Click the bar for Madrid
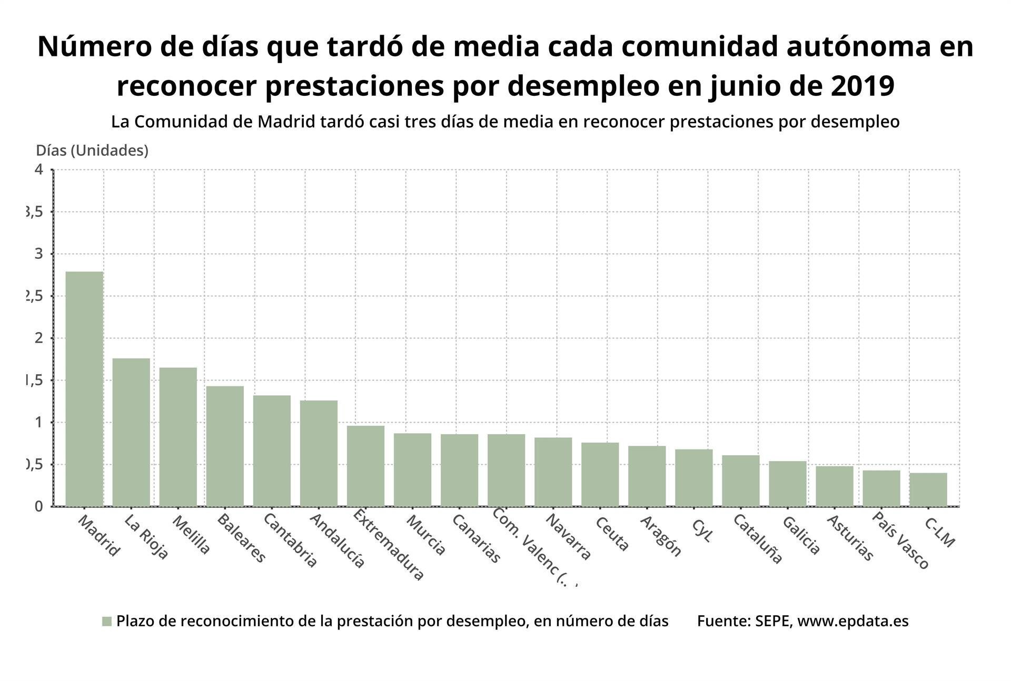pyautogui.click(x=84, y=389)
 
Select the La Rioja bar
pyautogui.click(x=131, y=432)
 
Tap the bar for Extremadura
pyautogui.click(x=365, y=466)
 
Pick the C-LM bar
pyautogui.click(x=928, y=489)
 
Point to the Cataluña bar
pyautogui.click(x=740, y=480)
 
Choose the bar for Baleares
pyautogui.click(x=225, y=446)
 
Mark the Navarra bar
pyautogui.click(x=553, y=472)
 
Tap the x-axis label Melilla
pyautogui.click(x=192, y=535)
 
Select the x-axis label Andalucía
pyautogui.click(x=337, y=540)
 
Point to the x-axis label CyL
pyautogui.click(x=702, y=530)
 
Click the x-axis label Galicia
pyautogui.click(x=801, y=535)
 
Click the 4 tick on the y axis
pyautogui.click(x=38, y=169)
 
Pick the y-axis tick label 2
pyautogui.click(x=38, y=338)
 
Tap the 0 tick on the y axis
pyautogui.click(x=38, y=506)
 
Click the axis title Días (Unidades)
pyautogui.click(x=92, y=151)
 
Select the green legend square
pyautogui.click(x=107, y=622)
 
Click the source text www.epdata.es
pyautogui.click(x=853, y=621)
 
